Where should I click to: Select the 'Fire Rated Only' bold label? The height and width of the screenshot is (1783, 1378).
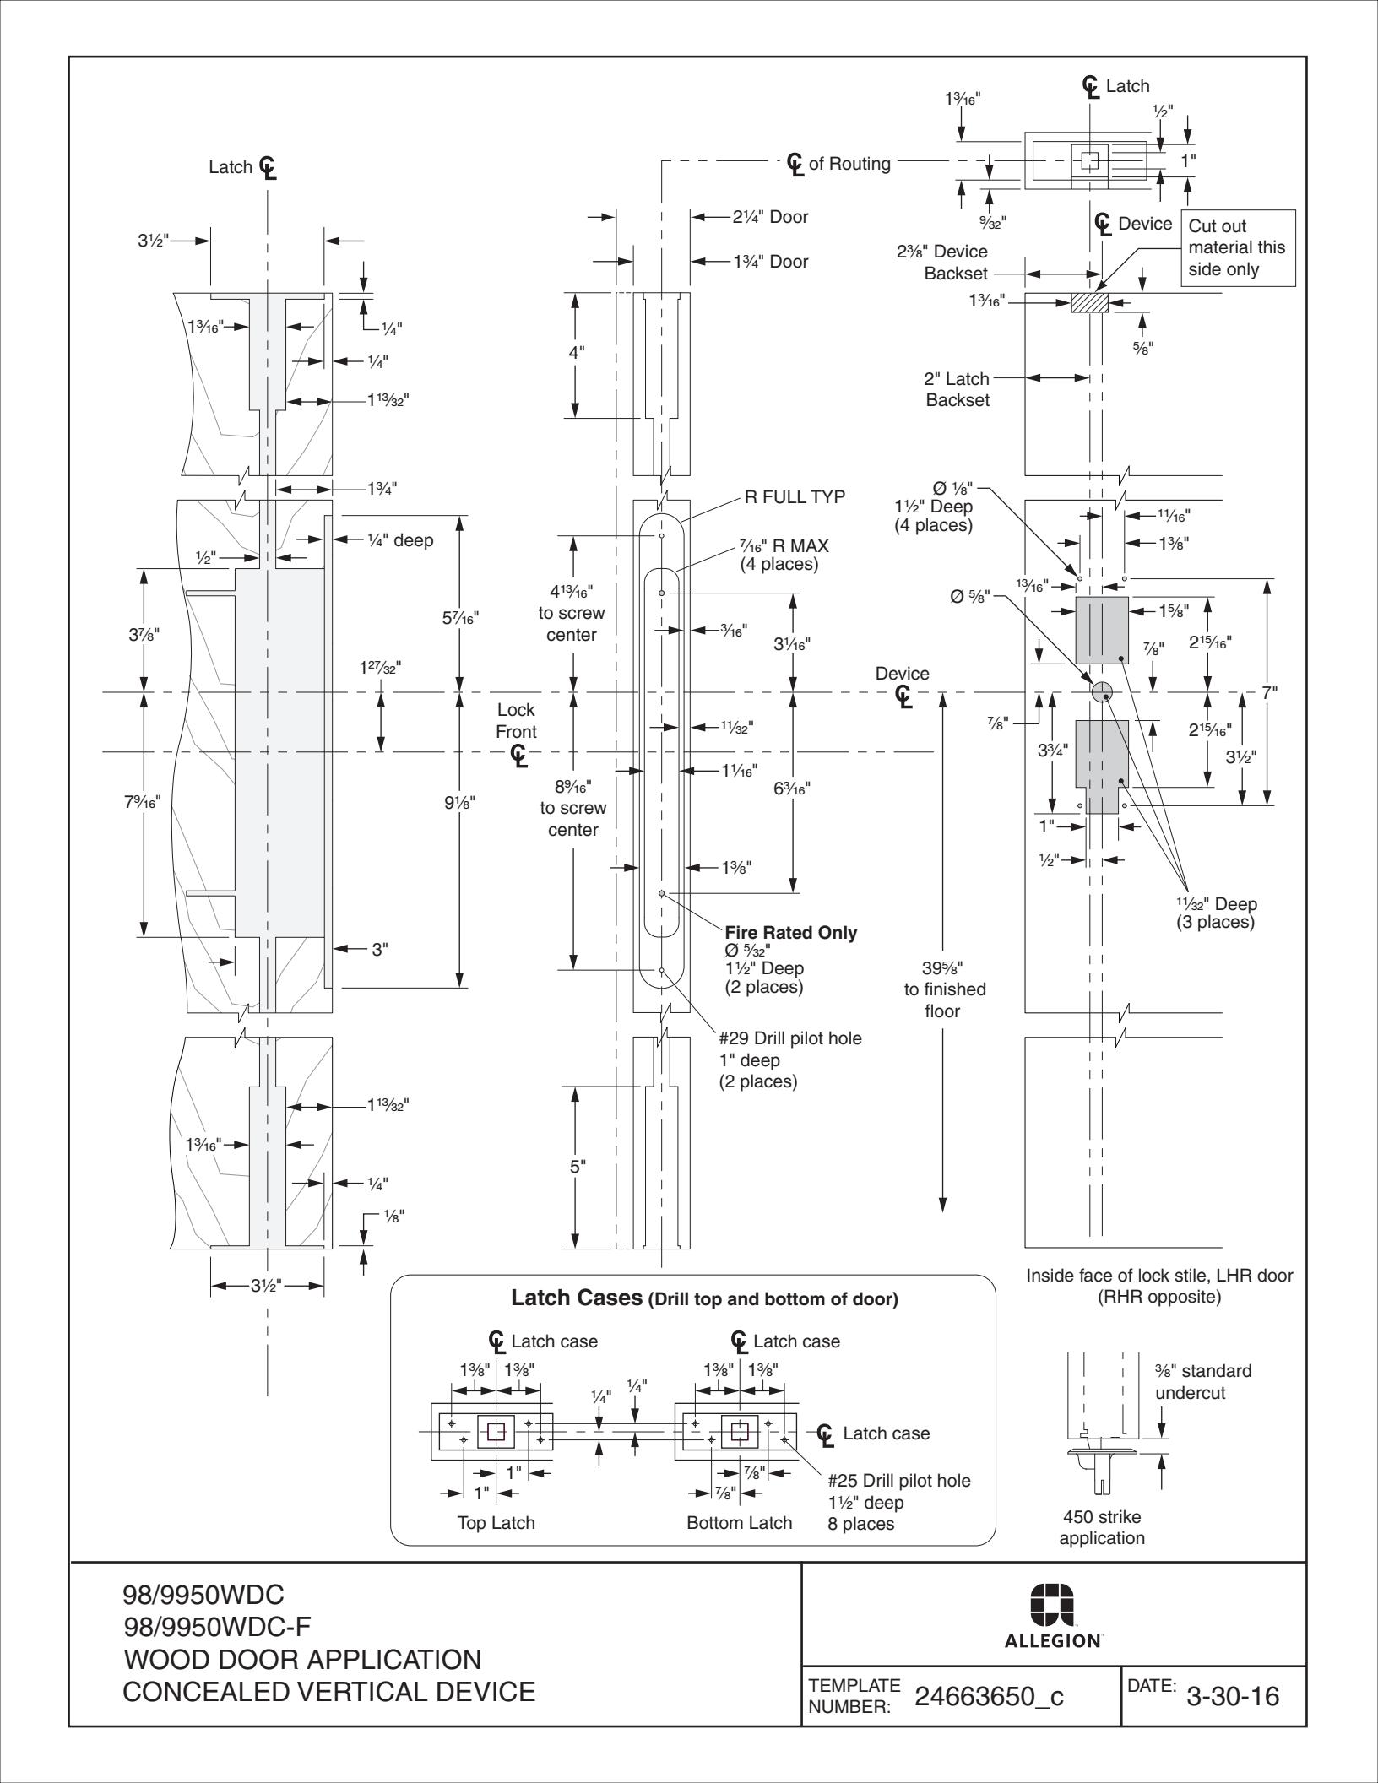[790, 933]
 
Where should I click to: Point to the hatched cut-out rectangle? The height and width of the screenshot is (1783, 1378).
[1088, 303]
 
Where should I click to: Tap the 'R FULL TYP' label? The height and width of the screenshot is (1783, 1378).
[794, 497]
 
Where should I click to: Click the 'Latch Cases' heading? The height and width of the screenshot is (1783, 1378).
[577, 1298]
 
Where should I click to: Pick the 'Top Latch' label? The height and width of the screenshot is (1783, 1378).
[496, 1523]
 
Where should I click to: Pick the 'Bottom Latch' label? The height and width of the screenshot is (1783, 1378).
[739, 1523]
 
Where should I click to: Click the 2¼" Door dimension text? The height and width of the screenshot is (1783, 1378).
[770, 217]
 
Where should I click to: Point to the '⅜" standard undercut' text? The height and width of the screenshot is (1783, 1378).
[1203, 1381]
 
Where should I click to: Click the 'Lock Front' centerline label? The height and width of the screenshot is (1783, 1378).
[516, 721]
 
